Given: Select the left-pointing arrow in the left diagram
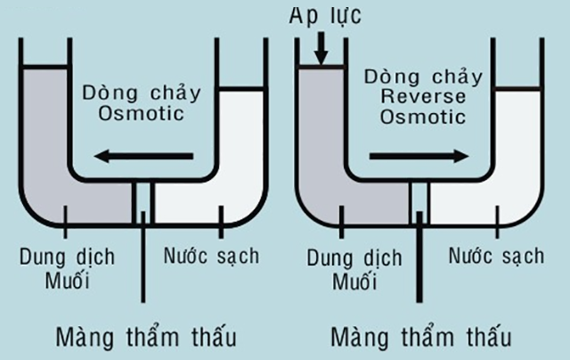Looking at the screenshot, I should click(144, 158).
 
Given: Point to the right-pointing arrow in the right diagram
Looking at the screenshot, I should click(419, 156).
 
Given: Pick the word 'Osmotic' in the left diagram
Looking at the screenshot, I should click(142, 114).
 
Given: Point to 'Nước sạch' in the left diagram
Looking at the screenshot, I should click(211, 257).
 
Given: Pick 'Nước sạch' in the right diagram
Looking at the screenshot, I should click(496, 257).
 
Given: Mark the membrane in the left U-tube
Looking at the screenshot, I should click(142, 203).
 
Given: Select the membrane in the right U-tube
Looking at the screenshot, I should click(419, 203).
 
